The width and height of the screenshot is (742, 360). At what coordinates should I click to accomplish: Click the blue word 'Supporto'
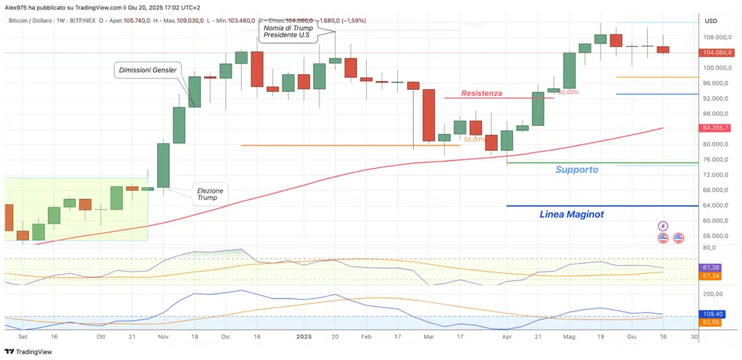click(x=577, y=169)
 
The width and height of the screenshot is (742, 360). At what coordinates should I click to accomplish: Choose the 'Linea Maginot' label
click(x=572, y=214)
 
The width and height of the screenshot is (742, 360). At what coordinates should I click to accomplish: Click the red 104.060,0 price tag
click(x=718, y=53)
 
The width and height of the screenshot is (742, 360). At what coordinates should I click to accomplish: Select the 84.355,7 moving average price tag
click(x=718, y=128)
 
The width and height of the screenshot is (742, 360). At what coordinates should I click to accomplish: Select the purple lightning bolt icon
click(x=663, y=227)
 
